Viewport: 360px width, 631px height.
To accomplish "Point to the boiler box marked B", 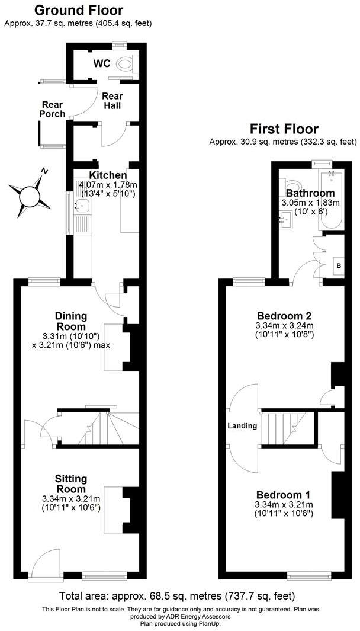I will [338, 265].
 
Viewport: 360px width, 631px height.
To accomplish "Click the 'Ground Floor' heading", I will [78, 10].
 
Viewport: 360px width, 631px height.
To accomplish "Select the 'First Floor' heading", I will [284, 129].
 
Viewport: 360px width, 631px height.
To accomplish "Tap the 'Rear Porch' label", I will [52, 109].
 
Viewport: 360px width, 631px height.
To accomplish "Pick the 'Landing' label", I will [242, 425].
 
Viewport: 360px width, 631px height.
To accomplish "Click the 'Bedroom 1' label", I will [284, 495].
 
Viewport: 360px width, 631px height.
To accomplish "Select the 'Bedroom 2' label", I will [284, 316].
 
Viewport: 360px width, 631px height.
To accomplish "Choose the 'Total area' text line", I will [177, 595].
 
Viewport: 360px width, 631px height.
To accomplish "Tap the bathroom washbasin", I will [286, 221].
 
